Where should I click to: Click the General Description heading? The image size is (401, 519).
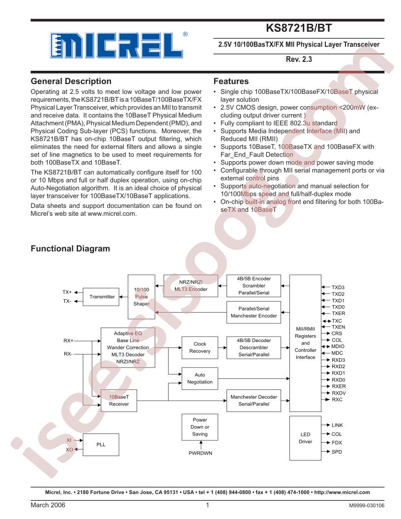[71, 81]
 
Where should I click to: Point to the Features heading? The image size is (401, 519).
[231, 81]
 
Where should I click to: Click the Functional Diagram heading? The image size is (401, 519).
[70, 249]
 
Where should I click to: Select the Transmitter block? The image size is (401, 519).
[102, 296]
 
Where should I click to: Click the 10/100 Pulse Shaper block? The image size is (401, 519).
[141, 296]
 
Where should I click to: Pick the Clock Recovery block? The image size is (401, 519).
[200, 347]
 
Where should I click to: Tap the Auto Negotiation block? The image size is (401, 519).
[200, 378]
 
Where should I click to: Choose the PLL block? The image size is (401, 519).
[101, 444]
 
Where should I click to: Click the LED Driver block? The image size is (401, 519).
[305, 438]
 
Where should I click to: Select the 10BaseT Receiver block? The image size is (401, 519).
[118, 400]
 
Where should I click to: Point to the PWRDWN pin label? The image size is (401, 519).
[200, 453]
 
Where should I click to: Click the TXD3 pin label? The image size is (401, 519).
[338, 287]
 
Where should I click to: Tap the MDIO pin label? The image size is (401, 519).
[338, 346]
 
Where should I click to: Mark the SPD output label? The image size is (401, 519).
[337, 451]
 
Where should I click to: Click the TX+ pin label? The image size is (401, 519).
[67, 292]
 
